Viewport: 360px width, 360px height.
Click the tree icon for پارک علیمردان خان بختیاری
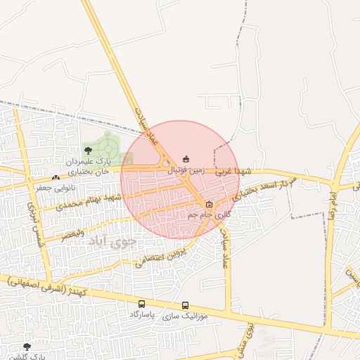point(88,150)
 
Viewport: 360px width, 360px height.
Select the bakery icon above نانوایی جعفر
point(56,177)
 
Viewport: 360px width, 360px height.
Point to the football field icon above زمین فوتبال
point(186,159)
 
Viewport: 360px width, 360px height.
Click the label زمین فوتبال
point(186,169)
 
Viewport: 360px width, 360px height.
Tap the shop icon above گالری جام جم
point(209,204)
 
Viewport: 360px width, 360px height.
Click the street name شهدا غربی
point(233,171)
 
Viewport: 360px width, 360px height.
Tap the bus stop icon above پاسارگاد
point(142,304)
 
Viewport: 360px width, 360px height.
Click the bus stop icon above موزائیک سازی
point(186,306)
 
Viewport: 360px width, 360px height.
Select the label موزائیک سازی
point(185,316)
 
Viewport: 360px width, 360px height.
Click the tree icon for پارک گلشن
point(27,347)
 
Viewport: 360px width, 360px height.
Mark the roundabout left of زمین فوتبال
point(165,164)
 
